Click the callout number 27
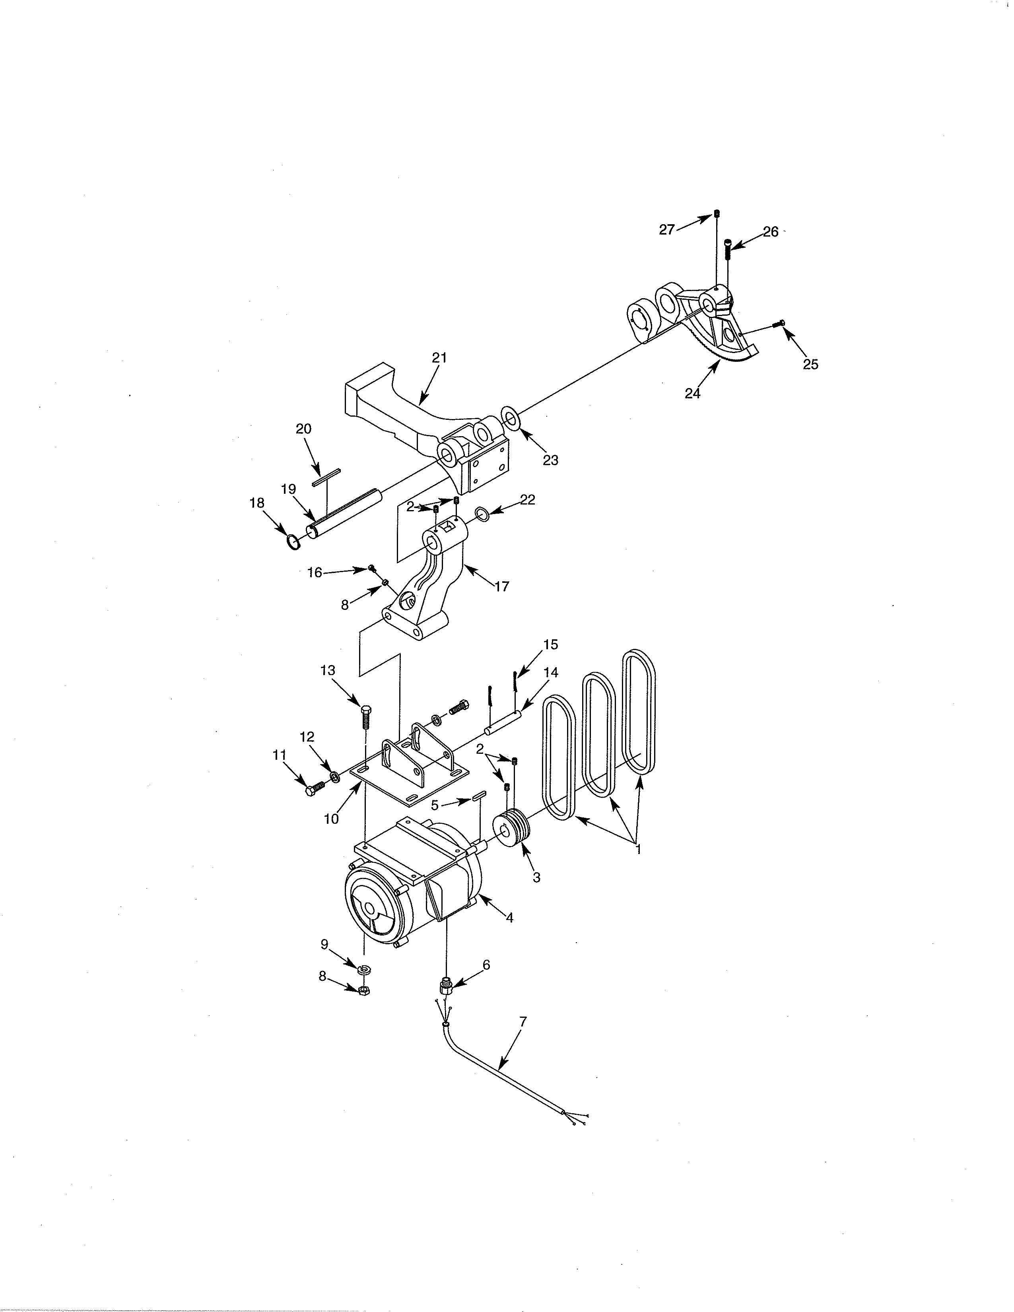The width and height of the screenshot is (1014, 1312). click(x=667, y=229)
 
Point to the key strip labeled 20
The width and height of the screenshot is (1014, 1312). click(x=326, y=477)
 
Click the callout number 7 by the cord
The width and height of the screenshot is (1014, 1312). click(x=523, y=1020)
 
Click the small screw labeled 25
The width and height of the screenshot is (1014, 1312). click(x=781, y=323)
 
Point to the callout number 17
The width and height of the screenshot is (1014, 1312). click(x=501, y=586)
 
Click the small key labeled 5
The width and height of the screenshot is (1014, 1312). click(x=478, y=797)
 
